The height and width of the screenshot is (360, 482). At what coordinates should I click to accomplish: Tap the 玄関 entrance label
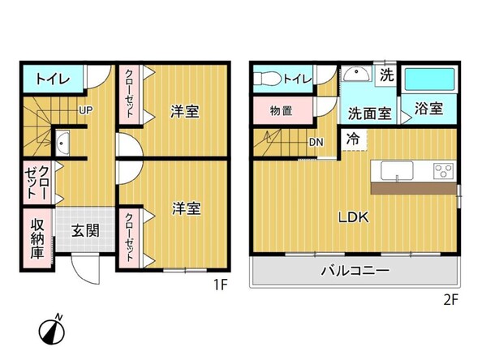(x=85, y=230)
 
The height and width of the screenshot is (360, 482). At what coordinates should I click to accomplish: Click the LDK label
(x=354, y=217)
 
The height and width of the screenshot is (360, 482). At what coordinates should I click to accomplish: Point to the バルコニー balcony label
(x=354, y=270)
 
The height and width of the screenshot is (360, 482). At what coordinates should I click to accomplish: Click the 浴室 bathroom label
(x=428, y=108)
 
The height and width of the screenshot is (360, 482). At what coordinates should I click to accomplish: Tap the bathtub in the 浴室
(x=430, y=80)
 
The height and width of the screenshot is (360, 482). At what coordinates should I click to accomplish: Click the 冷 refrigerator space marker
(x=354, y=139)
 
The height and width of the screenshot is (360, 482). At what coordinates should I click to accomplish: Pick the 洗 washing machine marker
(x=388, y=77)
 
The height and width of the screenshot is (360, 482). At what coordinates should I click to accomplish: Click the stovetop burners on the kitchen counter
(x=443, y=171)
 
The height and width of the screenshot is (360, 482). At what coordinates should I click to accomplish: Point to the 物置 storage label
(x=282, y=111)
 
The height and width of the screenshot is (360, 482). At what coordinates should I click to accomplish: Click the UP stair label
(x=85, y=111)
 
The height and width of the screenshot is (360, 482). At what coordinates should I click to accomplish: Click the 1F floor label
(x=220, y=285)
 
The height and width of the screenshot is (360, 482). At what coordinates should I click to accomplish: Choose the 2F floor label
(x=450, y=299)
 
